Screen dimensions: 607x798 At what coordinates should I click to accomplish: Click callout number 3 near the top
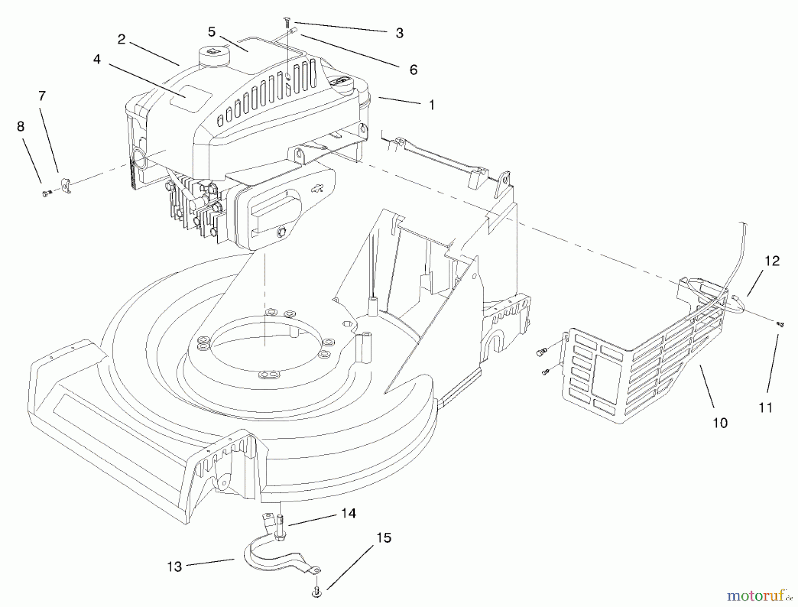tap(399, 33)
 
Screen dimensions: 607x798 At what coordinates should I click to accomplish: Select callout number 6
tap(413, 70)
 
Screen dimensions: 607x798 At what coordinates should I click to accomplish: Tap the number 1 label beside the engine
tap(431, 105)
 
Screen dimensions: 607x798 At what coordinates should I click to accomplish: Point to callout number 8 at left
tap(20, 126)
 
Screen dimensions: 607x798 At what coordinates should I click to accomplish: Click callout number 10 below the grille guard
tap(720, 423)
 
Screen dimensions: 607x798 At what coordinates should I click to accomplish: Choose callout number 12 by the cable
tap(772, 261)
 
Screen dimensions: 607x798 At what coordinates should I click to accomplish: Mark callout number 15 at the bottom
tap(384, 538)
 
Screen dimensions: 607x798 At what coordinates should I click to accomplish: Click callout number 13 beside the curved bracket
tap(175, 567)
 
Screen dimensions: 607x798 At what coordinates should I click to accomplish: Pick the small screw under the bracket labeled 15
tap(317, 591)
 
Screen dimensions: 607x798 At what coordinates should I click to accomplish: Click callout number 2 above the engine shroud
tap(121, 39)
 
